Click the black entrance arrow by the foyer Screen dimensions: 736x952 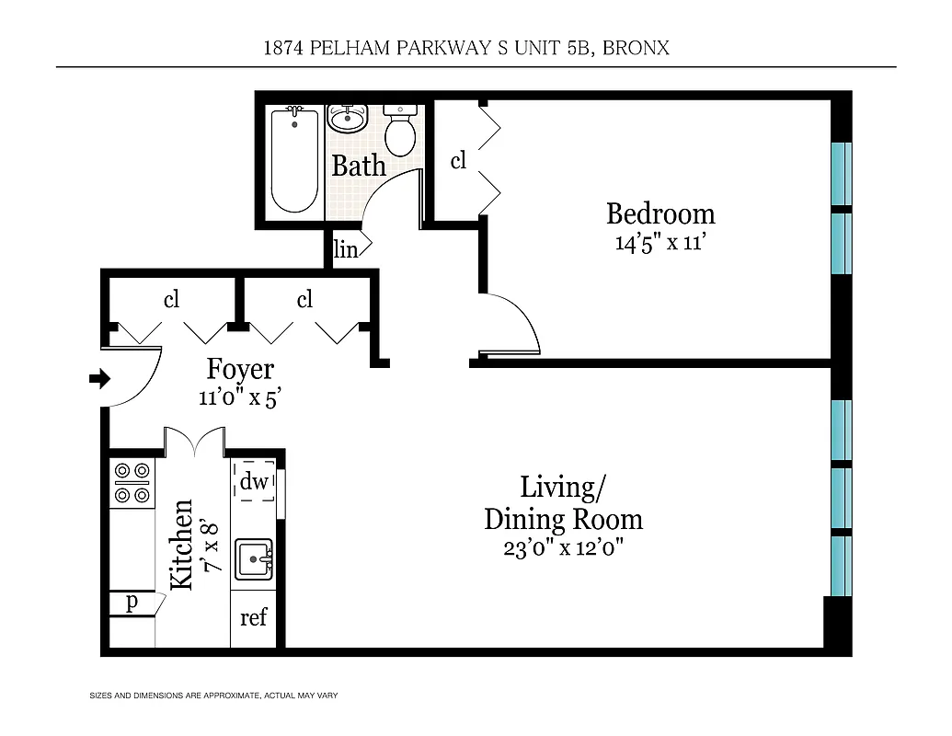click(x=99, y=378)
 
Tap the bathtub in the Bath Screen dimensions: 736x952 click(x=294, y=161)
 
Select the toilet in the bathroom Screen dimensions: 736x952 click(x=399, y=132)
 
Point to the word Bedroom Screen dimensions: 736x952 click(x=660, y=214)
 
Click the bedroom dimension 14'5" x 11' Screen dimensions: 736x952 click(x=660, y=243)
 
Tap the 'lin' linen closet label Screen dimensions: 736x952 click(x=345, y=249)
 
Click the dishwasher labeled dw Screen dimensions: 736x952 click(x=255, y=481)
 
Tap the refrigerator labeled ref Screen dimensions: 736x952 click(x=253, y=617)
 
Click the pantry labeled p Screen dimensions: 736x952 click(x=132, y=602)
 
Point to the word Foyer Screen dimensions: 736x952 click(x=239, y=369)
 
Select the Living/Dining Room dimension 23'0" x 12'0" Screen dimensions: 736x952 click(x=563, y=548)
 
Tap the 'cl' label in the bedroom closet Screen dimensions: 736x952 click(x=457, y=161)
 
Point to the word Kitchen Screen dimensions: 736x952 click(x=182, y=545)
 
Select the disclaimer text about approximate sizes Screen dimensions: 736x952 click(x=212, y=695)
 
